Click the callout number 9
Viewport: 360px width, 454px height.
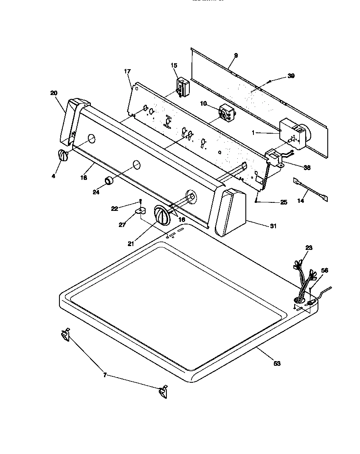click(x=236, y=56)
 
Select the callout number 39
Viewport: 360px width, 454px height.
click(x=291, y=76)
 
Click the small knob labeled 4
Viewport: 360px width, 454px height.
click(x=62, y=156)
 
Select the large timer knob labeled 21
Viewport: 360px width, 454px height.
click(x=161, y=216)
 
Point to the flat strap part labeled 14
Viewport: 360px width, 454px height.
click(x=310, y=188)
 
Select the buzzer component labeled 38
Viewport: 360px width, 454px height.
click(x=274, y=158)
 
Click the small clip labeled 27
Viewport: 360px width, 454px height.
click(x=141, y=210)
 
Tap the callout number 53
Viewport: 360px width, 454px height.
click(x=277, y=363)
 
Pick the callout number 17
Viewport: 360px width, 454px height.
click(x=127, y=72)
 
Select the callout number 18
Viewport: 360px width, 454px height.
click(x=84, y=178)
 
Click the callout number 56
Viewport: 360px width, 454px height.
click(x=325, y=270)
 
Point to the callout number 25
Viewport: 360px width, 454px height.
click(x=284, y=202)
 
